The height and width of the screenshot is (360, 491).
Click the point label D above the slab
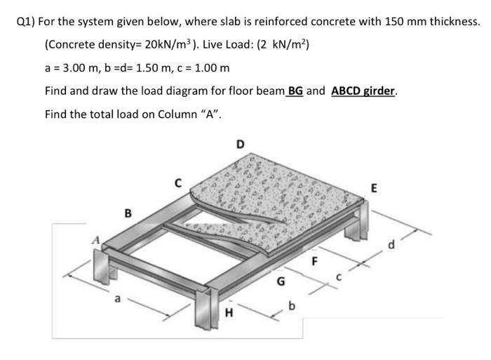(x=241, y=145)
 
